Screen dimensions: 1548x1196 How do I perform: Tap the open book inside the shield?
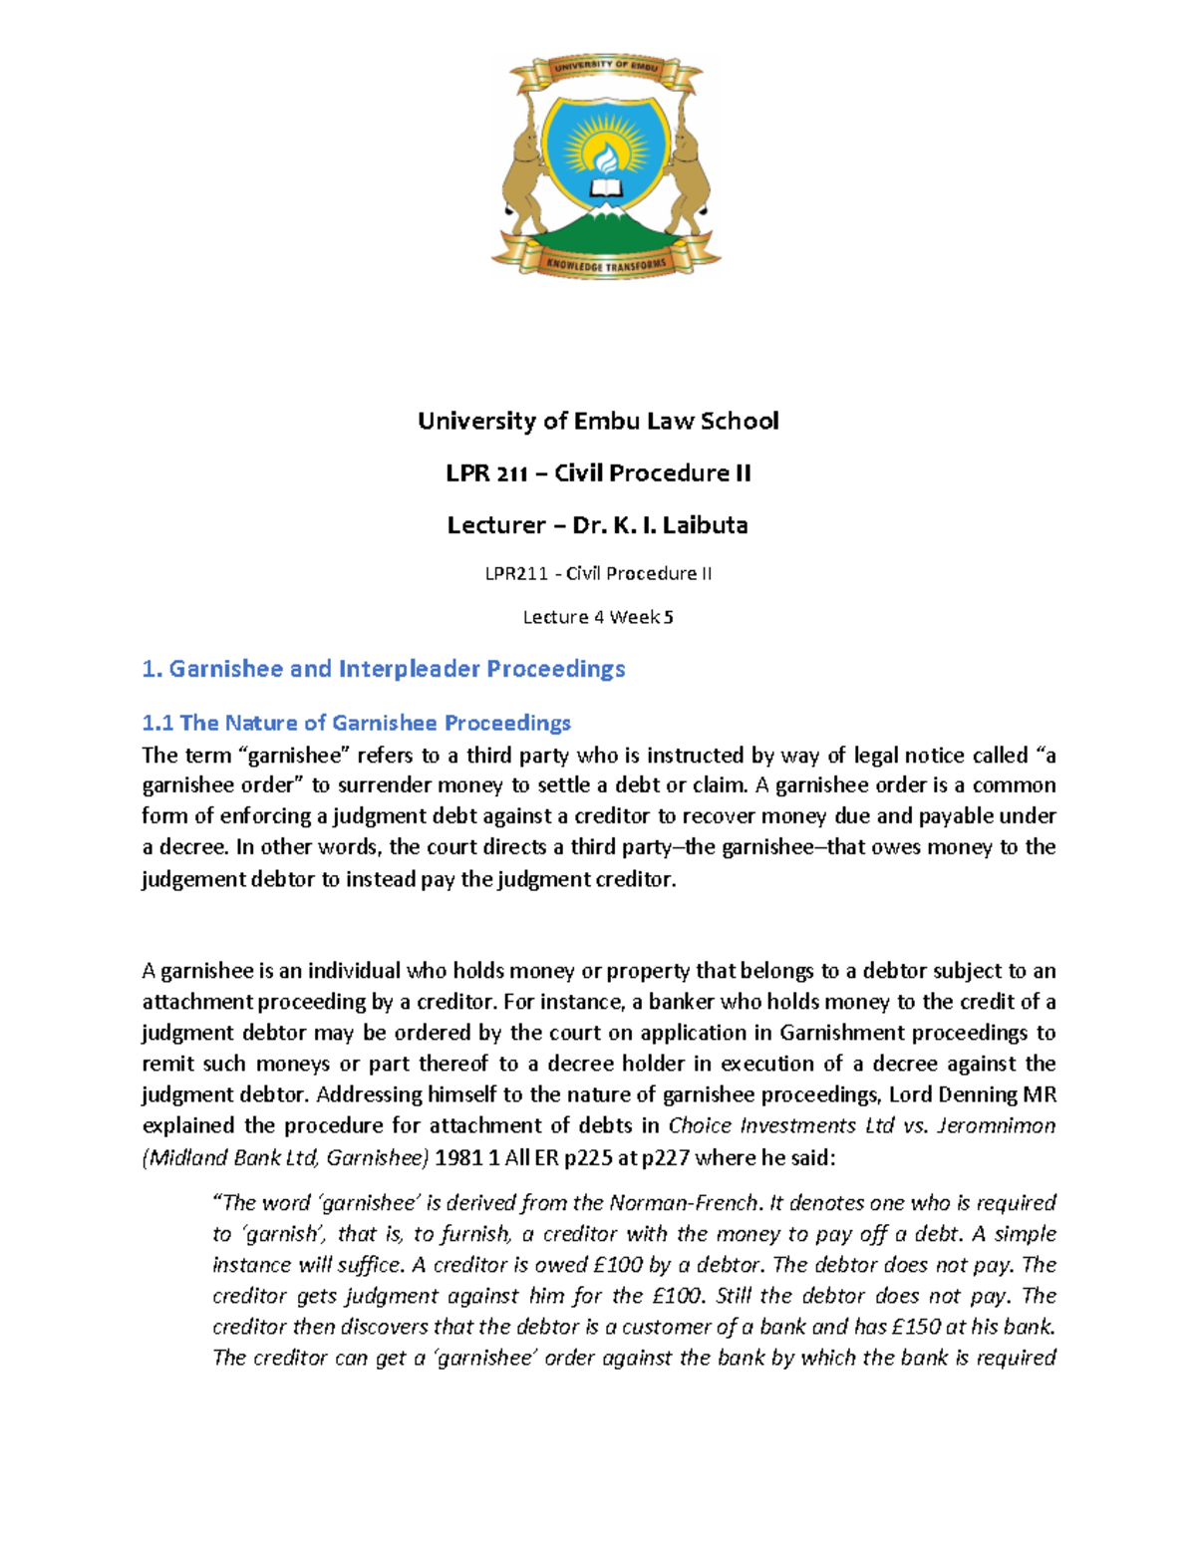(605, 187)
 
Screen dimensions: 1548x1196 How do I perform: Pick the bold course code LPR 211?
(486, 473)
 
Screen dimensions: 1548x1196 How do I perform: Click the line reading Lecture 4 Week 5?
(598, 617)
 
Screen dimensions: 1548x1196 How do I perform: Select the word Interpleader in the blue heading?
(409, 669)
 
